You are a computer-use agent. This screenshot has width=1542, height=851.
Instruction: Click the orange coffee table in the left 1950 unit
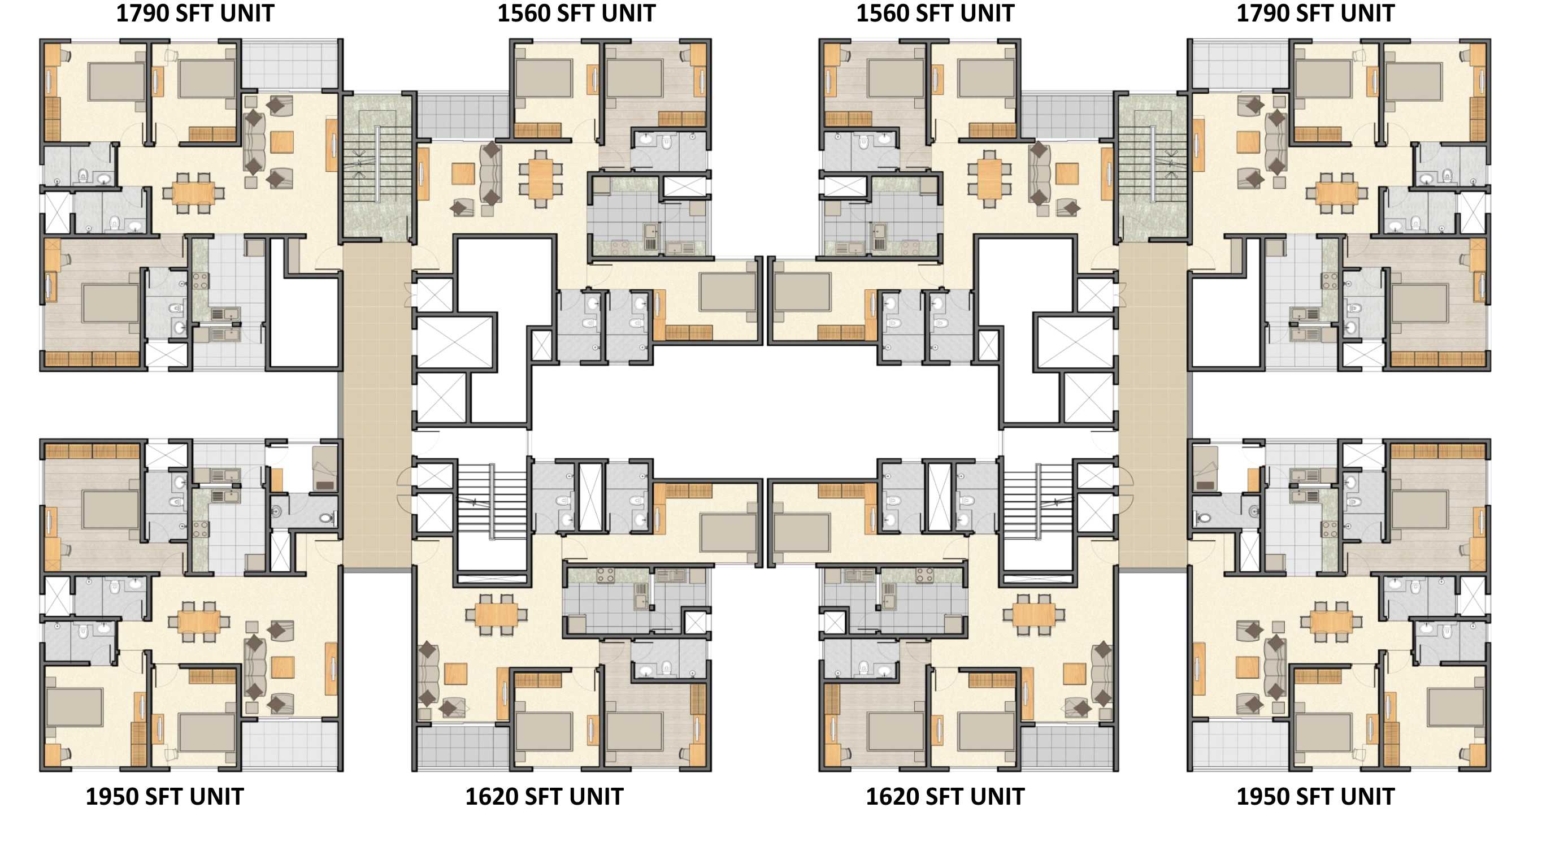[x=283, y=667]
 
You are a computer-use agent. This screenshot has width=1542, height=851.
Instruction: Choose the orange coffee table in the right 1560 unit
[x=1067, y=173]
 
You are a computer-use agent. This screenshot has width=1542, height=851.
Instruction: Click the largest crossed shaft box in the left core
[x=455, y=342]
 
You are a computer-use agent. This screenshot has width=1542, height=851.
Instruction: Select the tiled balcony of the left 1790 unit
[x=291, y=65]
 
